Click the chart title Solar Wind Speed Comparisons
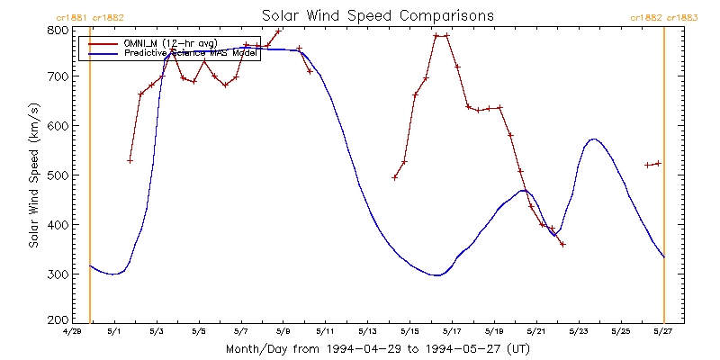377,16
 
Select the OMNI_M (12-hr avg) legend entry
171,43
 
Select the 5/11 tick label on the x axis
325,332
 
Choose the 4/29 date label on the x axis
71,332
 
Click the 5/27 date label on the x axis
663,332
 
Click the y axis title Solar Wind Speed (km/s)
33,175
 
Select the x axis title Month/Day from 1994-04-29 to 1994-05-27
377,348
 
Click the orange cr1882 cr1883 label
664,17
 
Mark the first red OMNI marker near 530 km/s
130,160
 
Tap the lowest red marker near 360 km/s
562,244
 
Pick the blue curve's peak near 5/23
592,139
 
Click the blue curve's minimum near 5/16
437,275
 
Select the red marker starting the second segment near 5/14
394,177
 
